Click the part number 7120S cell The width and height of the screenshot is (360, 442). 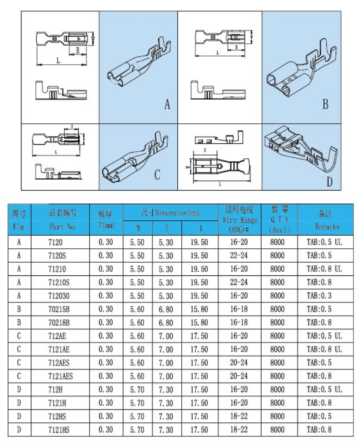(x=58, y=255)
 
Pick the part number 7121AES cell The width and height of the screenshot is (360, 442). (x=61, y=376)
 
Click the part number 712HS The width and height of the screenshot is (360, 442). (x=59, y=416)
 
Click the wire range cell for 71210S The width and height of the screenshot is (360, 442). (x=239, y=282)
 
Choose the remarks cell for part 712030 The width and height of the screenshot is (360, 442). (x=319, y=296)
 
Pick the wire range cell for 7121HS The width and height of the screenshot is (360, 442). (x=239, y=430)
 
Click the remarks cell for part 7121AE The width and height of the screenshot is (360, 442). (x=324, y=349)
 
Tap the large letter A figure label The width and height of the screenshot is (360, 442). (x=167, y=104)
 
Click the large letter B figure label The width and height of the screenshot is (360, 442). (x=325, y=104)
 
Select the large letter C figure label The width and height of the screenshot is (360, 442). (x=157, y=175)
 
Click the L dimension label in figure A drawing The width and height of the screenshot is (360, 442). (x=58, y=61)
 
